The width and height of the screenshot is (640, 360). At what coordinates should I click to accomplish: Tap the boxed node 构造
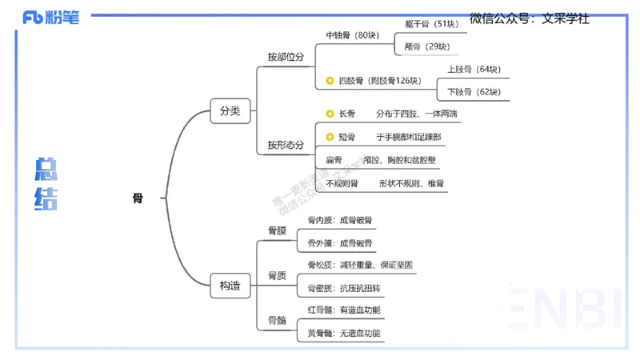tap(230, 284)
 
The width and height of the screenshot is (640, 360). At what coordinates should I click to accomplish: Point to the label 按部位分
tap(286, 58)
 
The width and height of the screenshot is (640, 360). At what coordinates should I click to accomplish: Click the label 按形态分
tap(286, 145)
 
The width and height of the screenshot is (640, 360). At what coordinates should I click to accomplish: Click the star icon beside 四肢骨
tap(330, 81)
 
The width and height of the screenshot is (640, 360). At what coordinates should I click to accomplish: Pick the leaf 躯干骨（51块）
tap(432, 24)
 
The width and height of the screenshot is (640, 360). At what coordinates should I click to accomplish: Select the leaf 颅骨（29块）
tap(427, 46)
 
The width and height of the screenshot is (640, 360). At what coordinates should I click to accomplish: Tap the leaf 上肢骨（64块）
tap(474, 70)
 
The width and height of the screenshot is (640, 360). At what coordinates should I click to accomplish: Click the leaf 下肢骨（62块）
tap(474, 92)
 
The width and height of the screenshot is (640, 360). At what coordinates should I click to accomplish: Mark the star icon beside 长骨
tap(330, 114)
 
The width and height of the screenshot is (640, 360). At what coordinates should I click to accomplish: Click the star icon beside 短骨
tap(330, 138)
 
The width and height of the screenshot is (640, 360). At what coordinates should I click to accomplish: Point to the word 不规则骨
tap(342, 183)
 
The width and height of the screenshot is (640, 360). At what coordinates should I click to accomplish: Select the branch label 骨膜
tap(277, 231)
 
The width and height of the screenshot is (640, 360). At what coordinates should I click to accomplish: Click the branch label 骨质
tap(277, 276)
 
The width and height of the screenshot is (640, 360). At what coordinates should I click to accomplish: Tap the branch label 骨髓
tap(277, 321)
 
